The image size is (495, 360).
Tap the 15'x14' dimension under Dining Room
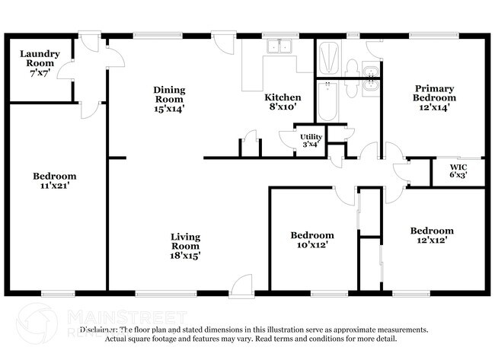click(x=169, y=109)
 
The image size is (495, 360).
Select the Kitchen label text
click(x=283, y=97)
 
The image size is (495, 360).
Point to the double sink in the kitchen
click(x=279, y=47)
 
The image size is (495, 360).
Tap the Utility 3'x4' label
click(x=310, y=140)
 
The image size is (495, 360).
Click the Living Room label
click(x=185, y=242)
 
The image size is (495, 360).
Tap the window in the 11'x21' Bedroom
click(x=58, y=293)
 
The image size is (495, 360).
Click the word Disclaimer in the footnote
click(x=102, y=330)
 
